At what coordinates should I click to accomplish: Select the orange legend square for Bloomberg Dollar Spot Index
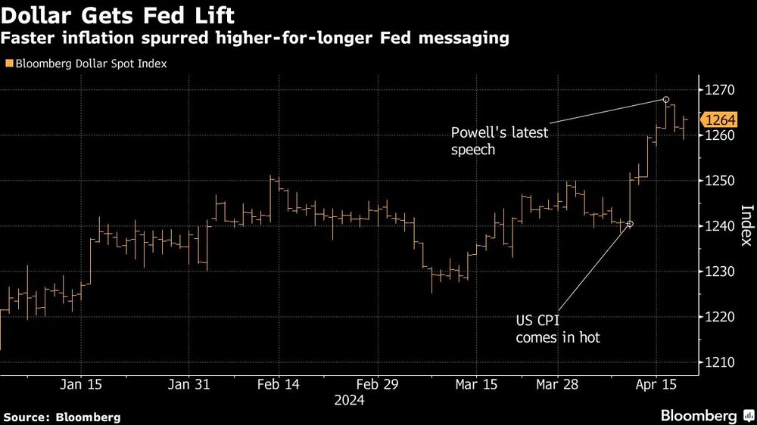point(8,64)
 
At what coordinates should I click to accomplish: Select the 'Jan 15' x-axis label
point(81,384)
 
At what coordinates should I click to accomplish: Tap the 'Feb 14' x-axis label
point(279,384)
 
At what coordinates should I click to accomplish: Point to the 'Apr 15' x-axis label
point(656,384)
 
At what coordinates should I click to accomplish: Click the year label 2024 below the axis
point(350,401)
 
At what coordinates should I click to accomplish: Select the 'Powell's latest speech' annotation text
point(500,141)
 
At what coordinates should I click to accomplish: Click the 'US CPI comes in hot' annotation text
point(557,329)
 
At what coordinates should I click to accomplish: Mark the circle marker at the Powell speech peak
point(666,100)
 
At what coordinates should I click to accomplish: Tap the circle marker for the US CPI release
point(630,224)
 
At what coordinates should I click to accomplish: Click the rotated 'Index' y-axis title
point(745,226)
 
